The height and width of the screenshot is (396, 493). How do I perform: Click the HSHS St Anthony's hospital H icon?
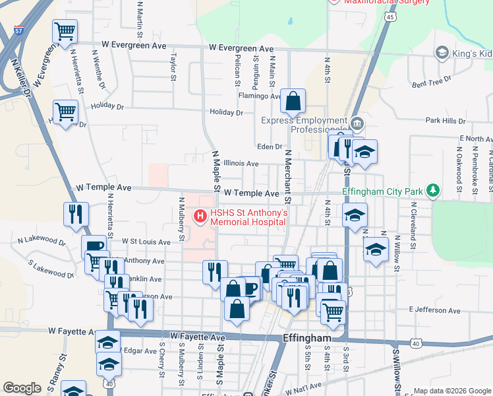click(198, 216)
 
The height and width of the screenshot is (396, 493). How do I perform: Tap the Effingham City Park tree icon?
click(432, 191)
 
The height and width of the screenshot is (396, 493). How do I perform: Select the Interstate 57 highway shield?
click(18, 30)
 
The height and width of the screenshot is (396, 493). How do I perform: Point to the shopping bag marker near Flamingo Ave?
click(293, 102)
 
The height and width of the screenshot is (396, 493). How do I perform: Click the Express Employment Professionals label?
click(303, 125)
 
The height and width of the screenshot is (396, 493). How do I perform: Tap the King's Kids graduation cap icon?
click(442, 52)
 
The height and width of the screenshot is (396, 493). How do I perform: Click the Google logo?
click(22, 387)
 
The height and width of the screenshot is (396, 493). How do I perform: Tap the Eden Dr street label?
click(270, 147)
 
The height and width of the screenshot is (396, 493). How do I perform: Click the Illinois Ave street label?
click(241, 163)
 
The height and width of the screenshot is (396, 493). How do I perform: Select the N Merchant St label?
click(287, 176)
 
